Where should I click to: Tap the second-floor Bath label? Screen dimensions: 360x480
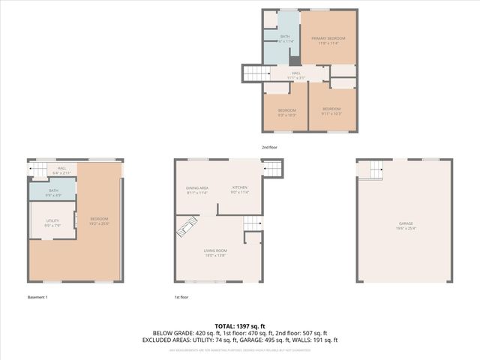(285, 38)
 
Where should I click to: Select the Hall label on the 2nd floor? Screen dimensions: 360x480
(296, 74)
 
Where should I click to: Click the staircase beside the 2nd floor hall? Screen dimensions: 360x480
(256, 73)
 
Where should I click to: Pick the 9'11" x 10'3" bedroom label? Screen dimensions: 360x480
(331, 112)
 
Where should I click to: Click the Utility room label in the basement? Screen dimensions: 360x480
(52, 222)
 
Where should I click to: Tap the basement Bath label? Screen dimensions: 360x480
(52, 193)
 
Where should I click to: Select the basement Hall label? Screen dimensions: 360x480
(61, 170)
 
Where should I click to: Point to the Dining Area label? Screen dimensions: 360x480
(196, 190)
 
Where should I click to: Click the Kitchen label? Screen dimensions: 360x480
(239, 190)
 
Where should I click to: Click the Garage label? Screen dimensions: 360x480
(406, 224)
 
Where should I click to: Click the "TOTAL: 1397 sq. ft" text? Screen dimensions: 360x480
(240, 325)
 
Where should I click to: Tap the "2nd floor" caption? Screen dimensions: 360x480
(271, 147)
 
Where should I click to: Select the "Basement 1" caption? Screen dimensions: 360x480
(37, 297)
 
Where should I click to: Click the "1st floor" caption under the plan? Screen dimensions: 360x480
(181, 297)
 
